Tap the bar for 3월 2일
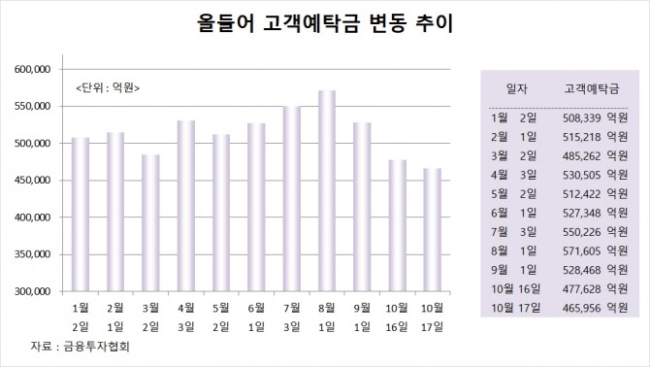(150, 222)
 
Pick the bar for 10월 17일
(433, 229)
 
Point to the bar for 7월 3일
(292, 198)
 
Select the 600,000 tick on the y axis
(34, 70)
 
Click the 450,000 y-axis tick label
(34, 181)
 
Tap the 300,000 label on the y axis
(34, 291)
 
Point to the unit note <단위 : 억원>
(108, 88)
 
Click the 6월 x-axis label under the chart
(256, 308)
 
